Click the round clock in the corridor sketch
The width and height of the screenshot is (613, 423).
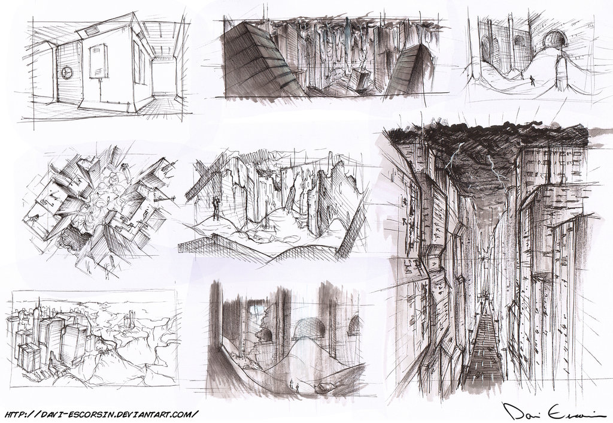tap(67, 72)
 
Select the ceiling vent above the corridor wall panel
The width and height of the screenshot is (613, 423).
tap(92, 28)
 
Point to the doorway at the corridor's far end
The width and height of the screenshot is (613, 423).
tap(163, 76)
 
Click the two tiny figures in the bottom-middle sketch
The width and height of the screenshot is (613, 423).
tap(294, 384)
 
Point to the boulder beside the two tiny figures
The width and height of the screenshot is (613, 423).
tap(323, 388)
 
